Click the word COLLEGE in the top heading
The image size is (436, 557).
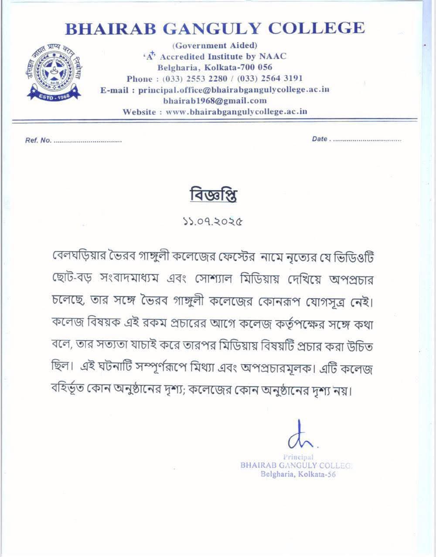(316, 28)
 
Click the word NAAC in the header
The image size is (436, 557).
(272, 56)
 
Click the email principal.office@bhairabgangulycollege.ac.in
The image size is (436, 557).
(233, 90)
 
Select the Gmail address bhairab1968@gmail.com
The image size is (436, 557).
(215, 101)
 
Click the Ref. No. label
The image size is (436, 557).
(38, 141)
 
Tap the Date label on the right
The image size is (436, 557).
(320, 139)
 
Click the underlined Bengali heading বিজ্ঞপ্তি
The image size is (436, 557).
(213, 196)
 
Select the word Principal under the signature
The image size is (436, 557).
(298, 457)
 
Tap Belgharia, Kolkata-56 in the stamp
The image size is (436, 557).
(298, 474)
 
